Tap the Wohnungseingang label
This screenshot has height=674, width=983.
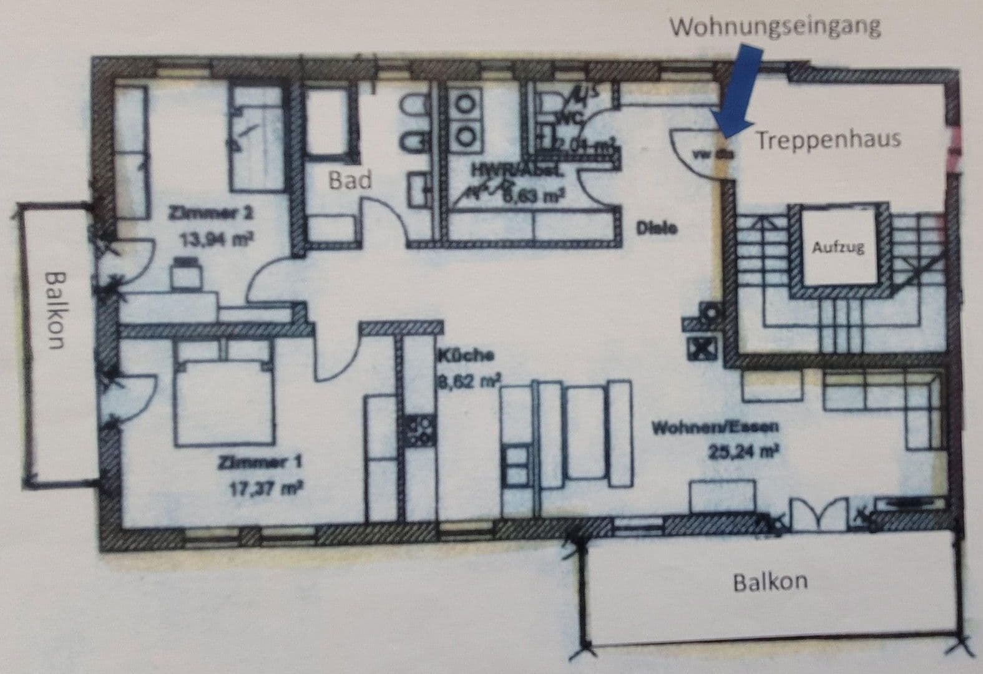coord(776,27)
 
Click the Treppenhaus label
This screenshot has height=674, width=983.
coord(829,139)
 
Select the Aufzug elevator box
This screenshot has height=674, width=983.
coord(838,247)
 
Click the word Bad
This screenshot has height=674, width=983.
coord(350,180)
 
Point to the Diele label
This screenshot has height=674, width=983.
coord(656,228)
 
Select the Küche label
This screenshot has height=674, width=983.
coord(466,356)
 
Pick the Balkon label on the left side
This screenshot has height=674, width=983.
coord(56,310)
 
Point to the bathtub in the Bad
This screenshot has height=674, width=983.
coord(331,122)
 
